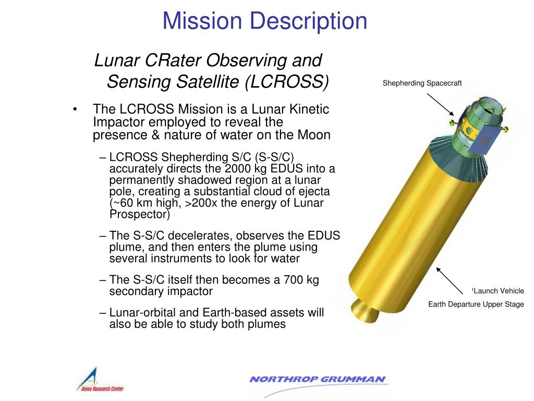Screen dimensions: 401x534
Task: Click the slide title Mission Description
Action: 264,21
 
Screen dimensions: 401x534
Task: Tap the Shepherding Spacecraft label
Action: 422,84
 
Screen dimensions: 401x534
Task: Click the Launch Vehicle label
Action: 497,291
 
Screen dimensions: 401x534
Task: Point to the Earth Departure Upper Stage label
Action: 476,304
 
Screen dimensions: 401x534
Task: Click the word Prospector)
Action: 140,214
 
